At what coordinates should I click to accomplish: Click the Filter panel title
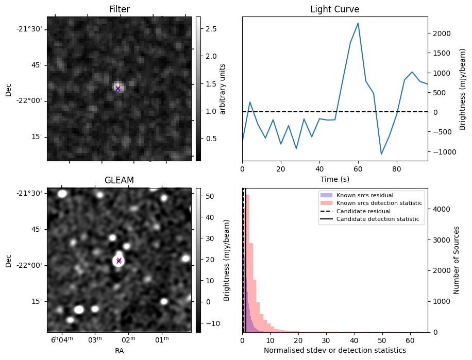point(119,9)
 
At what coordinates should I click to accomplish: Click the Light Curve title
point(334,9)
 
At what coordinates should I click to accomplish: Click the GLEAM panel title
point(119,180)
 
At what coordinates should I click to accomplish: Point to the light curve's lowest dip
point(381,154)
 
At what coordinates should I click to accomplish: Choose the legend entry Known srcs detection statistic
point(379,203)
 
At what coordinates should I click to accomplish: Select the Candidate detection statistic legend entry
point(377,219)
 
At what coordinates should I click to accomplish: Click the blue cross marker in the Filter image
point(117,89)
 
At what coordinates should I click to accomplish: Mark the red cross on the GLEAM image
point(119,260)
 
